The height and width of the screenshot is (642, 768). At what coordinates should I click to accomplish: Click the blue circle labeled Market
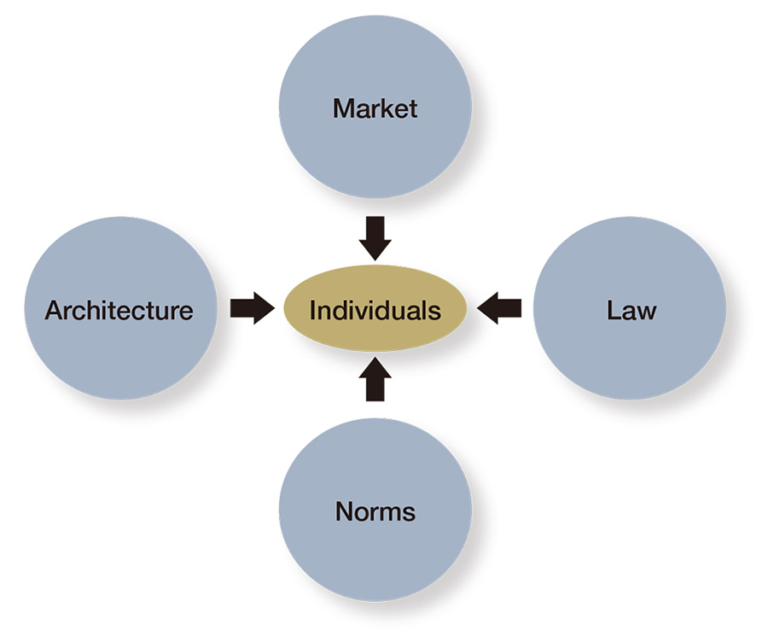(375, 107)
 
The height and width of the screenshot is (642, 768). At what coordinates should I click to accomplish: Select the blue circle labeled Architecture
(121, 308)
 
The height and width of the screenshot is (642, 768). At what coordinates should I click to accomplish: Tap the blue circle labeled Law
(630, 308)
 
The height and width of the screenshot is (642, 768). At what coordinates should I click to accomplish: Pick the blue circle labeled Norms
(375, 510)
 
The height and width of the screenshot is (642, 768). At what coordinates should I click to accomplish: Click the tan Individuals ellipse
(375, 308)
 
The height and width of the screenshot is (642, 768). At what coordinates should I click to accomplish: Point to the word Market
(375, 108)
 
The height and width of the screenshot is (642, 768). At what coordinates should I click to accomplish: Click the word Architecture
(119, 311)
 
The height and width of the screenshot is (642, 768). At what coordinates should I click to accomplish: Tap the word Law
(631, 311)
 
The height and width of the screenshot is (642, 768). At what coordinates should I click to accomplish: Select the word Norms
(375, 511)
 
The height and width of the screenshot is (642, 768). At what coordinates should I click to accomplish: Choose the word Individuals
(375, 311)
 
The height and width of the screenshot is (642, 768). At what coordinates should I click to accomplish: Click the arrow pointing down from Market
(375, 238)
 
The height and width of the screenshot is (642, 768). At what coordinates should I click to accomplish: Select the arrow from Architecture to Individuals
(253, 308)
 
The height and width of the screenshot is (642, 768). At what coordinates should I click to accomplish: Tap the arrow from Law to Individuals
(498, 308)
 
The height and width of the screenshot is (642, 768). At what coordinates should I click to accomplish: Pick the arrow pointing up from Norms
(375, 379)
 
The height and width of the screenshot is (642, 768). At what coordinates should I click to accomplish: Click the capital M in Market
(343, 108)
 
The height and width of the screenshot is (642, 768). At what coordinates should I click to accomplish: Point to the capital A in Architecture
(55, 311)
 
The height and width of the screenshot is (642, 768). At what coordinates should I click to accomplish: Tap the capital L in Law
(614, 311)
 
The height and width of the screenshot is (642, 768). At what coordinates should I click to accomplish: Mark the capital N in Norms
(345, 511)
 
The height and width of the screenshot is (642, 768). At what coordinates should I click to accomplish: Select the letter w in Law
(647, 313)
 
